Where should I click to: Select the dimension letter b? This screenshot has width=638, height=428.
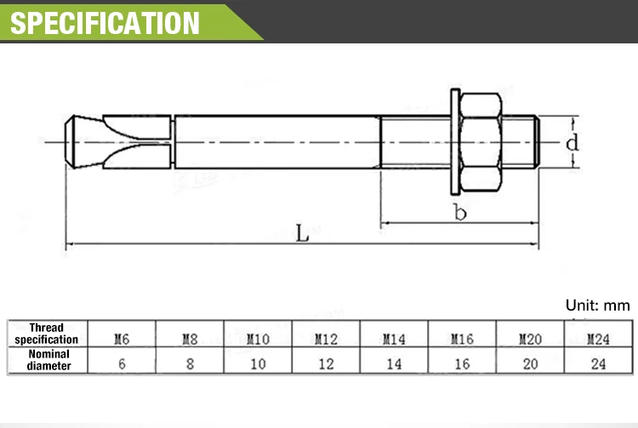[x=460, y=213]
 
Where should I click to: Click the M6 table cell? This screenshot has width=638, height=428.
[x=122, y=339]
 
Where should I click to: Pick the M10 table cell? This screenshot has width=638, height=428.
[x=258, y=339]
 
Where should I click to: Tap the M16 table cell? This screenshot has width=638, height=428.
[x=462, y=339]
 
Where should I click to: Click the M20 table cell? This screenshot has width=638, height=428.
[x=529, y=339]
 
